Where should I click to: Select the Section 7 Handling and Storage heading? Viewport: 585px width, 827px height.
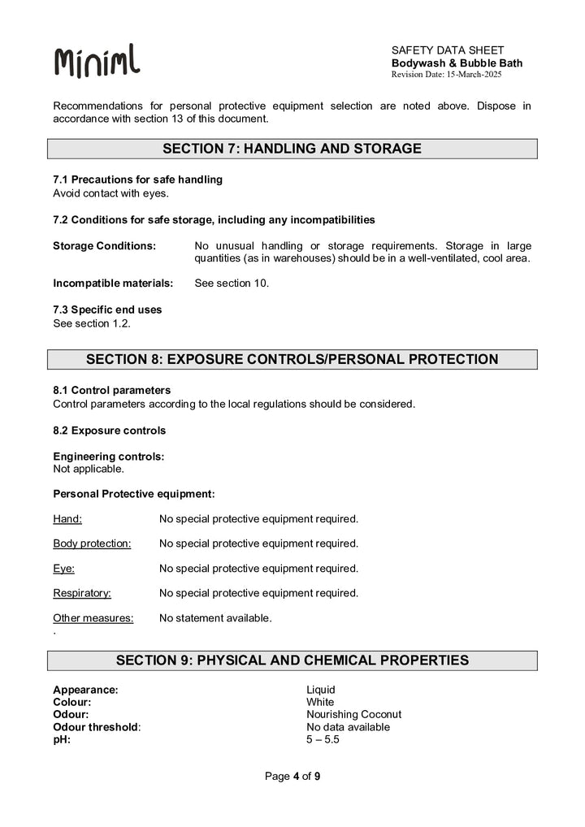292,149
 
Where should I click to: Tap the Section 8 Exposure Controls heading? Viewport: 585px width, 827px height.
292,359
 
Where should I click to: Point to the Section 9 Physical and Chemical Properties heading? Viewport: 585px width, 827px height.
292,660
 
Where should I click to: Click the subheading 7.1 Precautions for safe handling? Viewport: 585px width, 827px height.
137,179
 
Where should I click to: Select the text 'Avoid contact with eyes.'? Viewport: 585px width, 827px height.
110,193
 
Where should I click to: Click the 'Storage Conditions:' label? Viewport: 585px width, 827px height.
104,245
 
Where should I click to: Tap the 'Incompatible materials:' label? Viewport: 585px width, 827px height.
113,284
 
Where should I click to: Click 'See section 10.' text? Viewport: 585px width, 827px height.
232,284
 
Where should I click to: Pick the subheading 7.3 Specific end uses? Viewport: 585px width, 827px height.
107,310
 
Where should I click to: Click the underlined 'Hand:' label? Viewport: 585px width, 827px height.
67,518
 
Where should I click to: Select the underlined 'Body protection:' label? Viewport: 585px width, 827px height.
92,543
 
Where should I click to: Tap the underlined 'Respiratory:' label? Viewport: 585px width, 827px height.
82,593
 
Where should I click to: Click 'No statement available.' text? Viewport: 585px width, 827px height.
215,618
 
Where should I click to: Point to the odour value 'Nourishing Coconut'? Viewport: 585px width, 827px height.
353,715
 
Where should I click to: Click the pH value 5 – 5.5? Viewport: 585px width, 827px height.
323,740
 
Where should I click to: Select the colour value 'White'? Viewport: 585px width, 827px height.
320,702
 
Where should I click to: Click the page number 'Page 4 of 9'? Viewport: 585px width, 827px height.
292,777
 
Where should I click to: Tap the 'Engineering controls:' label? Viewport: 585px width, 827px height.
108,457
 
